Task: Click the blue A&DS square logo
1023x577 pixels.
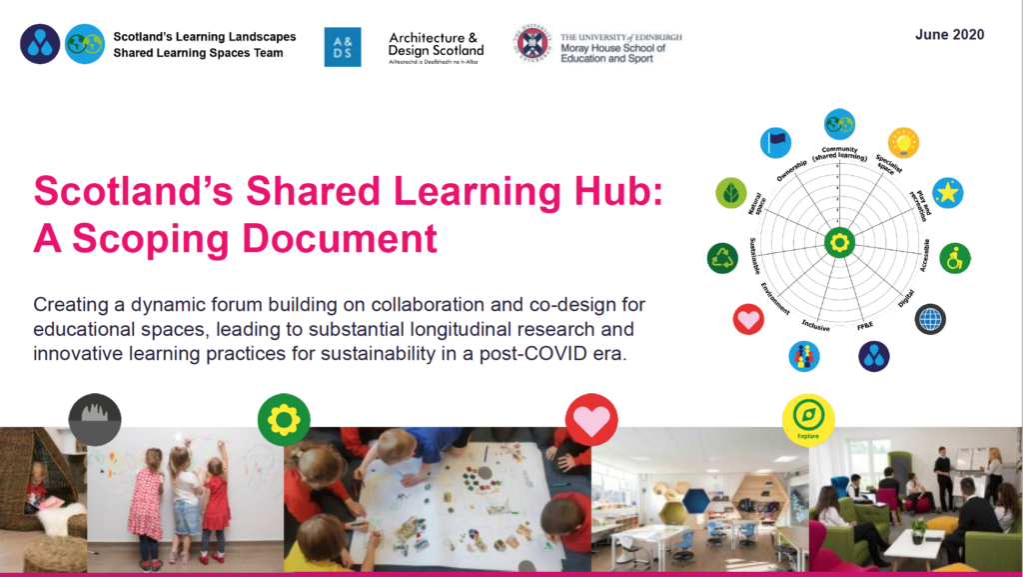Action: tap(343, 47)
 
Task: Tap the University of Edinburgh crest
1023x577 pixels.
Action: tap(533, 44)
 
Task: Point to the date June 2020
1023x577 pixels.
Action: tap(949, 35)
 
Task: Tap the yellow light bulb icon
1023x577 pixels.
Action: tap(903, 143)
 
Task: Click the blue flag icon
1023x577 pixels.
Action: tap(775, 143)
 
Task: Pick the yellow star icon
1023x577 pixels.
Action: tap(947, 193)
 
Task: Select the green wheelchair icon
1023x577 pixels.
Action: tap(955, 258)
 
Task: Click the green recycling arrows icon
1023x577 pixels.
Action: tap(722, 258)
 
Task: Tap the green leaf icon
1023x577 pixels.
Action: tap(731, 193)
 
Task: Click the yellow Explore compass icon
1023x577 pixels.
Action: tap(807, 419)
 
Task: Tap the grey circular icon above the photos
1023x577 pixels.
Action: tap(95, 418)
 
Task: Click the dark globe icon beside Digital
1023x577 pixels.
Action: tap(930, 319)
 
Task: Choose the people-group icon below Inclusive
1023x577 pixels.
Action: tap(804, 356)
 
